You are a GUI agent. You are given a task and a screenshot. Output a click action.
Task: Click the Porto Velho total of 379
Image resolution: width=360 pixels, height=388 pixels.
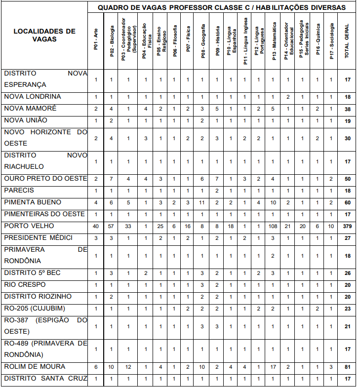(348, 226)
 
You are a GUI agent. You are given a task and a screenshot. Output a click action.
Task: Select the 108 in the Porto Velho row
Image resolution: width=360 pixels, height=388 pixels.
(273, 226)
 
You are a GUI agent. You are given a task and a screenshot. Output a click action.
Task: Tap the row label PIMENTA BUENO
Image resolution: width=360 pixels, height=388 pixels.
(33, 202)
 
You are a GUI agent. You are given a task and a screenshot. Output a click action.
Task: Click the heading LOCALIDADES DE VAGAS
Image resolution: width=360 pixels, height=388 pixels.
(44, 35)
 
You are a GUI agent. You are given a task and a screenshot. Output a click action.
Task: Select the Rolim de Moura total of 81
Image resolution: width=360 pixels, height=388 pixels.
(348, 367)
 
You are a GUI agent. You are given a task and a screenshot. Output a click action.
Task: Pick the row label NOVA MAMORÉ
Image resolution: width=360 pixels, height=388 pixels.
(30, 108)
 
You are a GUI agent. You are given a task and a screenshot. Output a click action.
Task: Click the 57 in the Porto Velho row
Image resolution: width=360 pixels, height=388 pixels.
(112, 226)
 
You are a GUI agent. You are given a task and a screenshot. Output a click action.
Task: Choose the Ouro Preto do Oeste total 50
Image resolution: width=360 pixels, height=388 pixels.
(348, 179)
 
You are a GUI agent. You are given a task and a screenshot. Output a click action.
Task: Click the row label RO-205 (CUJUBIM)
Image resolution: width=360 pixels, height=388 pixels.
(35, 309)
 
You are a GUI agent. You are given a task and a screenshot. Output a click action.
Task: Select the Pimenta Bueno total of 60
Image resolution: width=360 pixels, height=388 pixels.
(348, 202)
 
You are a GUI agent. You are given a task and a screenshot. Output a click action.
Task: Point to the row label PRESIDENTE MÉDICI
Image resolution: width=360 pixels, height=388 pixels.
(39, 238)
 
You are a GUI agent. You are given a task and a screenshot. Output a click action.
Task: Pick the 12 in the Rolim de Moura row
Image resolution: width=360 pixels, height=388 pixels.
(128, 367)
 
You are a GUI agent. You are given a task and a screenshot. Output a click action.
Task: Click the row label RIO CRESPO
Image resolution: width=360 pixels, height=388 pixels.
(25, 285)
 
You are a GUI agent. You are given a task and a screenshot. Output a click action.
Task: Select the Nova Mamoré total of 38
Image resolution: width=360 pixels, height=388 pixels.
(348, 109)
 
